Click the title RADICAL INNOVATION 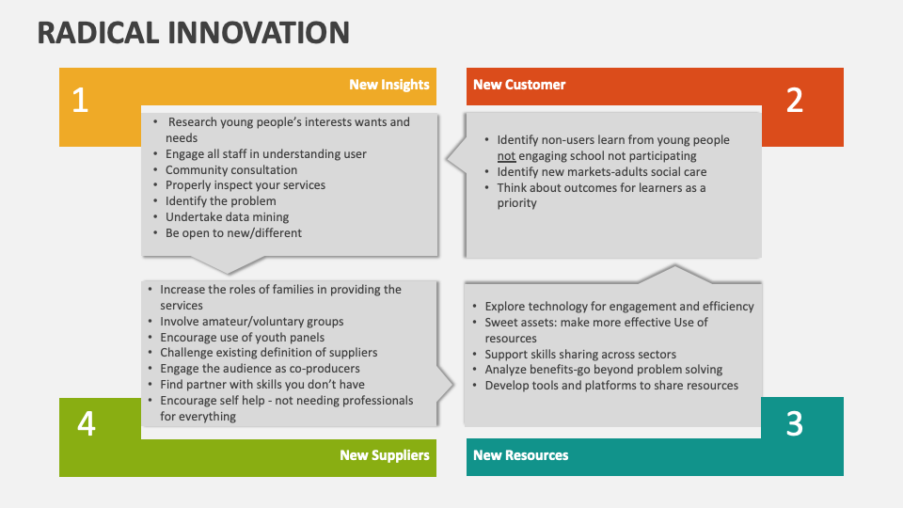click(194, 32)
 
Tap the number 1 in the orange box click(80, 101)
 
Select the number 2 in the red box click(795, 101)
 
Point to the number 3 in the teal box click(795, 424)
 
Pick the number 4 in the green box click(86, 424)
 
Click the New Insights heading click(389, 85)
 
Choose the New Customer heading click(519, 85)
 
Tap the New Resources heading click(520, 455)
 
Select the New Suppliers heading click(385, 455)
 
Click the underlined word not click(506, 156)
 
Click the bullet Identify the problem click(221, 201)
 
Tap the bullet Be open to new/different click(234, 233)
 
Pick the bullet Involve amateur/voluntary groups click(252, 322)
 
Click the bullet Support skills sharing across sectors click(580, 355)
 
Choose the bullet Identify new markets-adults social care click(602, 172)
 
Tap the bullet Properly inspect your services click(246, 185)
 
